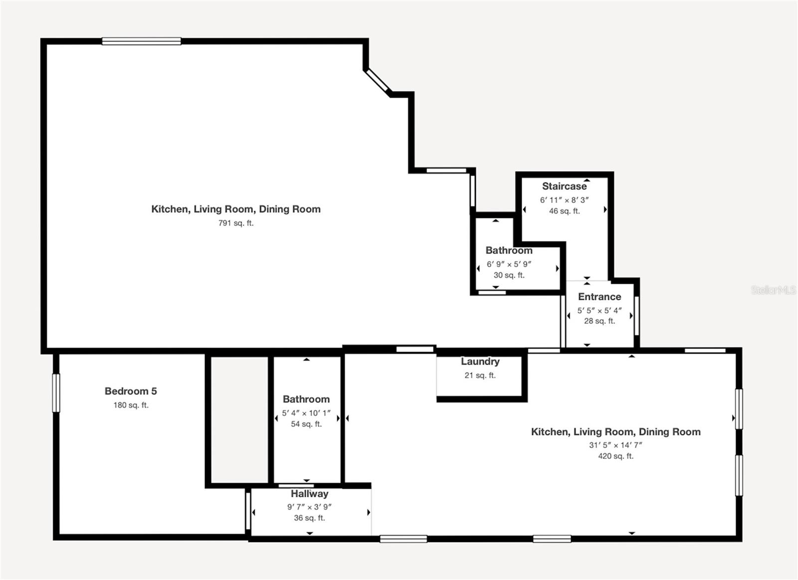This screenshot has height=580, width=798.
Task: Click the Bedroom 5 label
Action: click(x=131, y=391)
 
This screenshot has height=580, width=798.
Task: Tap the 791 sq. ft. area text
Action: click(x=236, y=223)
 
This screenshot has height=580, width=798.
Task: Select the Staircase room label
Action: click(x=564, y=186)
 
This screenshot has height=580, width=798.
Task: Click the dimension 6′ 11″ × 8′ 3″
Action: click(x=564, y=200)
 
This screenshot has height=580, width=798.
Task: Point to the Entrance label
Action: click(x=599, y=297)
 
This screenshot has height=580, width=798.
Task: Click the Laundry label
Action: click(x=480, y=362)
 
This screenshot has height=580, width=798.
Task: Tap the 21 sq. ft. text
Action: click(x=480, y=375)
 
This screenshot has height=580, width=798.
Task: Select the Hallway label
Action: click(x=309, y=494)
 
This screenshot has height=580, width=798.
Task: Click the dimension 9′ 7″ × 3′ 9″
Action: click(x=309, y=507)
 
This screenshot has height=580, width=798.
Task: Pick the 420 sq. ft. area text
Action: click(x=615, y=456)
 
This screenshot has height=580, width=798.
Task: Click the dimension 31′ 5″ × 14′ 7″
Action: click(x=615, y=445)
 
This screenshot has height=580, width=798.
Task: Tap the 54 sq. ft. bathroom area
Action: click(x=306, y=424)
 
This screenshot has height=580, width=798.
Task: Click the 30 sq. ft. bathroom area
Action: click(x=509, y=275)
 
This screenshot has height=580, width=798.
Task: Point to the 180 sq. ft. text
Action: click(x=131, y=405)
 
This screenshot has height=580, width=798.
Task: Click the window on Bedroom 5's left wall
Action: click(x=56, y=393)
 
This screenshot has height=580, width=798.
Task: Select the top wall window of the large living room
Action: click(x=141, y=41)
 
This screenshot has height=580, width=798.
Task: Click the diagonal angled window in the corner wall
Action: click(x=377, y=81)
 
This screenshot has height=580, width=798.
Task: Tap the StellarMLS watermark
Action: click(x=773, y=290)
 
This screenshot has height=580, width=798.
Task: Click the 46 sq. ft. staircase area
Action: click(x=564, y=211)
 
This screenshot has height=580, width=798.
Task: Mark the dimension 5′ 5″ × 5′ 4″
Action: click(x=599, y=310)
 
